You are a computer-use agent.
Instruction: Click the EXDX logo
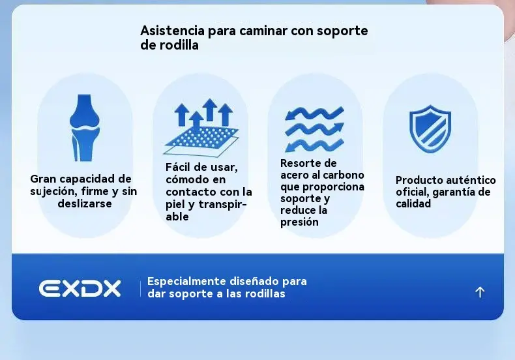(x=80, y=288)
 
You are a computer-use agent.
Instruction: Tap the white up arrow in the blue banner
(x=480, y=292)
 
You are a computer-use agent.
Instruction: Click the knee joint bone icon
(x=85, y=128)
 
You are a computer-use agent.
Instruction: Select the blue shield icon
(x=430, y=128)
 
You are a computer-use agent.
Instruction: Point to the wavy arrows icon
(x=314, y=129)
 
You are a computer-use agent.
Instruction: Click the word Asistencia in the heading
(x=173, y=31)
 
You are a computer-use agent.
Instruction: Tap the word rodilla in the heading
(x=179, y=45)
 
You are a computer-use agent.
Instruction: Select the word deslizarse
(x=85, y=203)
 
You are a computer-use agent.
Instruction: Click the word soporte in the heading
(x=342, y=31)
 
